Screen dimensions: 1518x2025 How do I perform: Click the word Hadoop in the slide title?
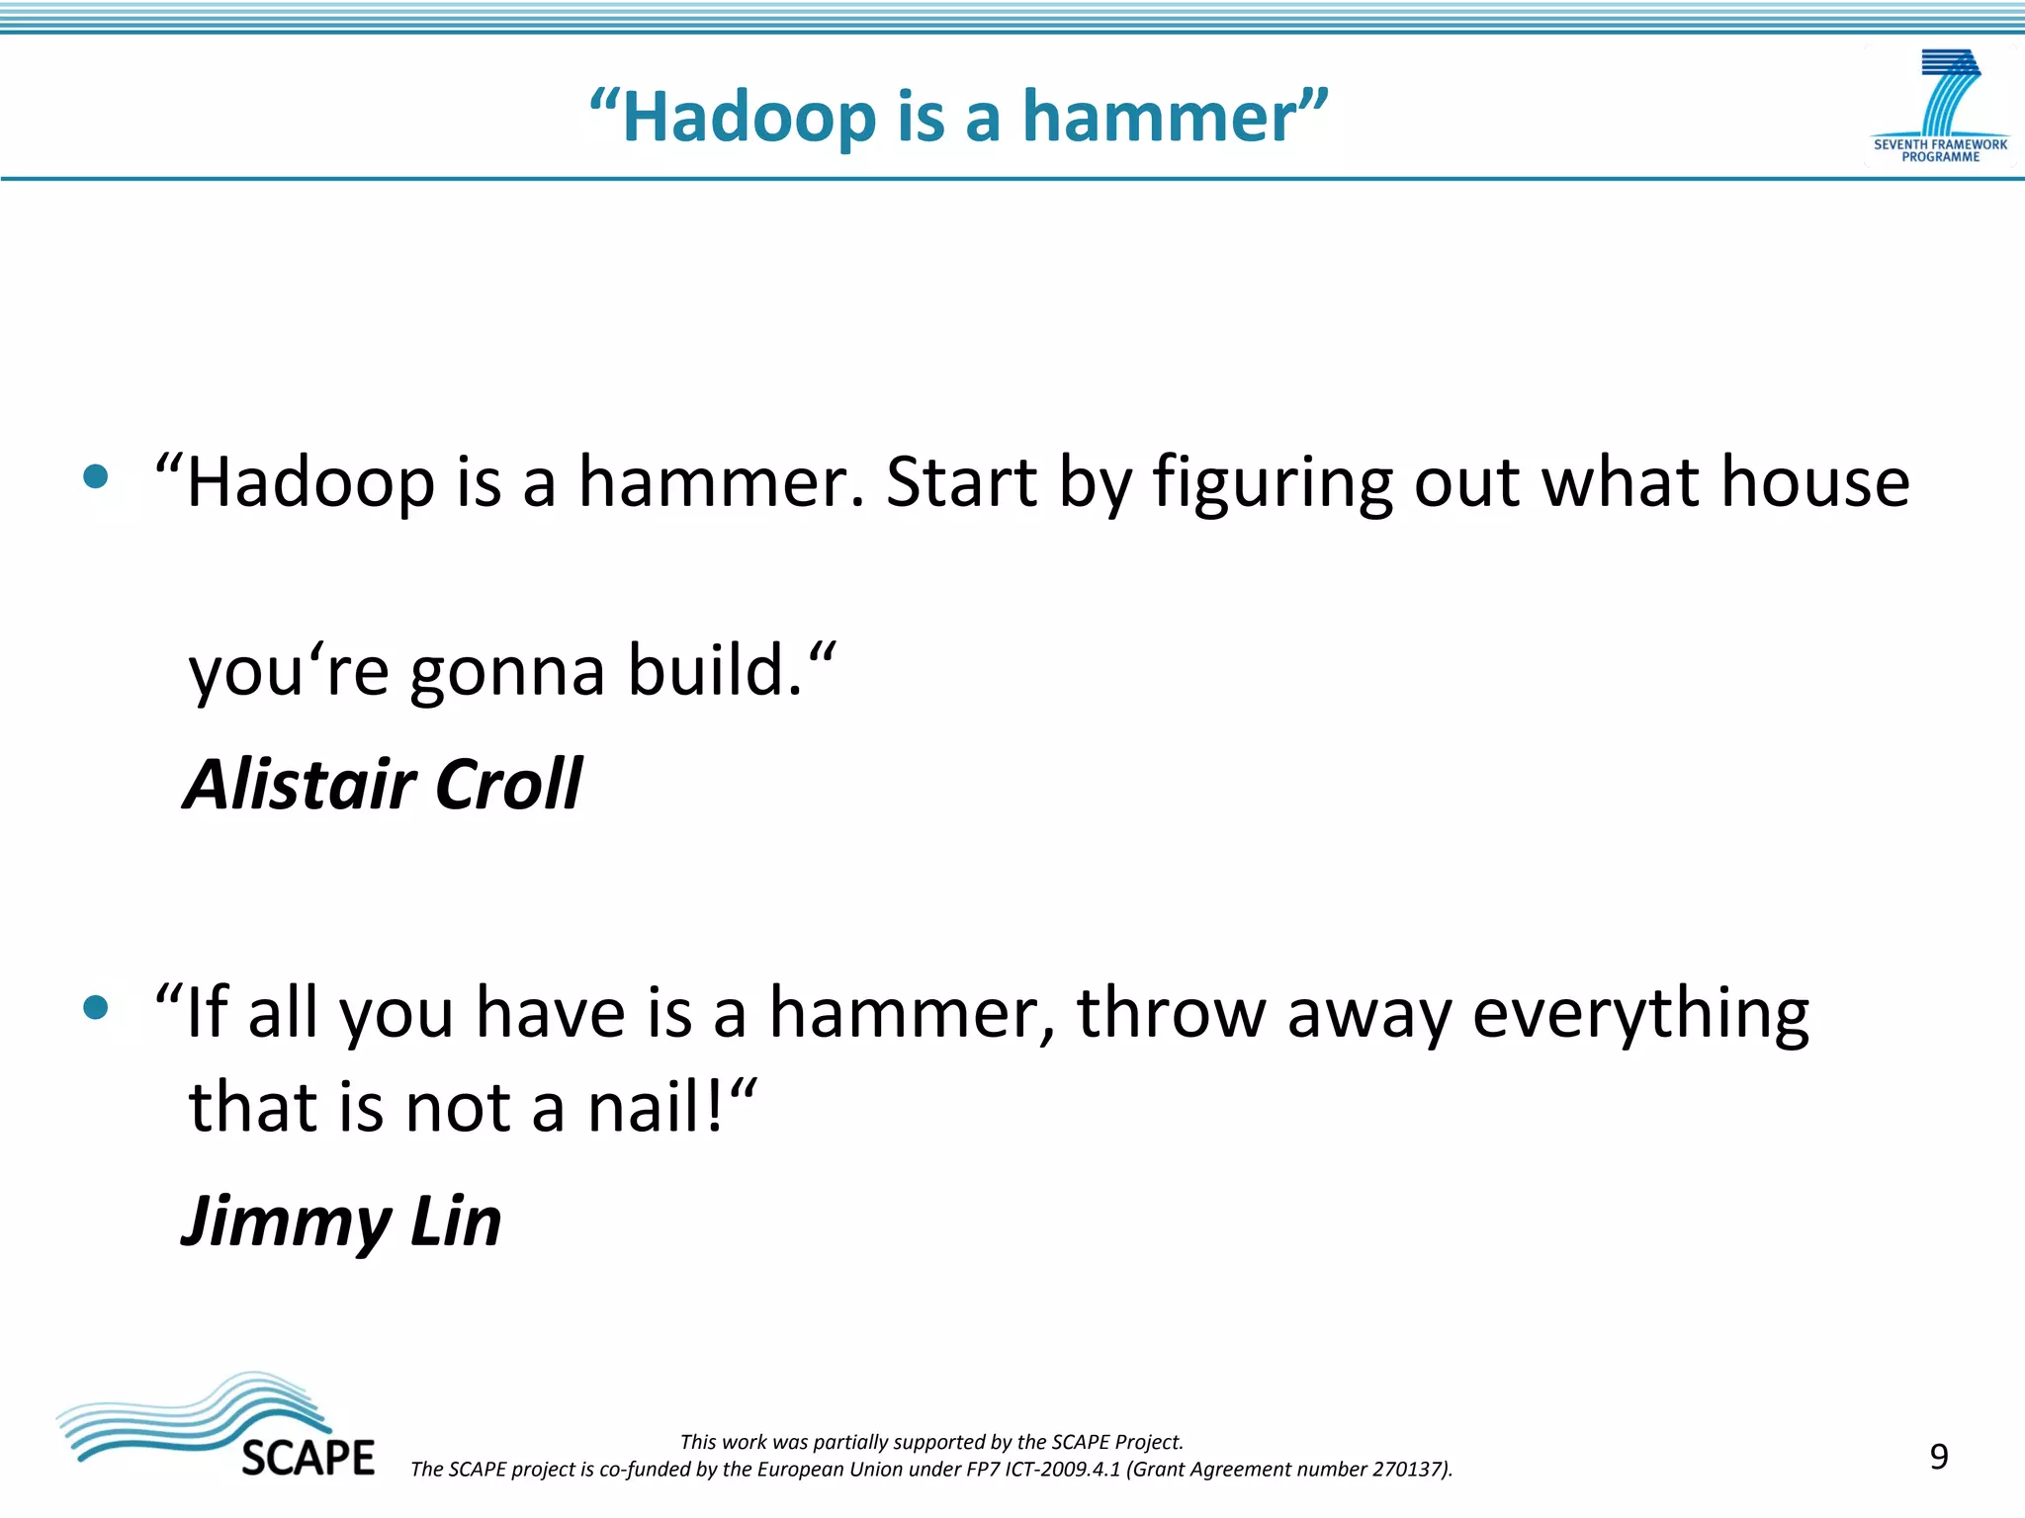[x=748, y=118]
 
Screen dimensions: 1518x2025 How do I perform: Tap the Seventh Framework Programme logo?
[x=1940, y=107]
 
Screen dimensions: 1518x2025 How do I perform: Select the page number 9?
[x=1939, y=1457]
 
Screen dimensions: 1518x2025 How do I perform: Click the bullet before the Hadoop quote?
[x=96, y=478]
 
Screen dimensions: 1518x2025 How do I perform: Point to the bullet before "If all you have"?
[x=96, y=1008]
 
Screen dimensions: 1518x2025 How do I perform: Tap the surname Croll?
[x=508, y=785]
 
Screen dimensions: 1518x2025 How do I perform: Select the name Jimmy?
[x=287, y=1223]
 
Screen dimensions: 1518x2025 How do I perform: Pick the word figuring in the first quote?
[x=1274, y=484]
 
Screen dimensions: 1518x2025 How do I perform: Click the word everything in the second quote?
[x=1640, y=1015]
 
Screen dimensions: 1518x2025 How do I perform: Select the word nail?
[x=660, y=1109]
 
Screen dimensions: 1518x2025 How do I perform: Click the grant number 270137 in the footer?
[x=1408, y=1470]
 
